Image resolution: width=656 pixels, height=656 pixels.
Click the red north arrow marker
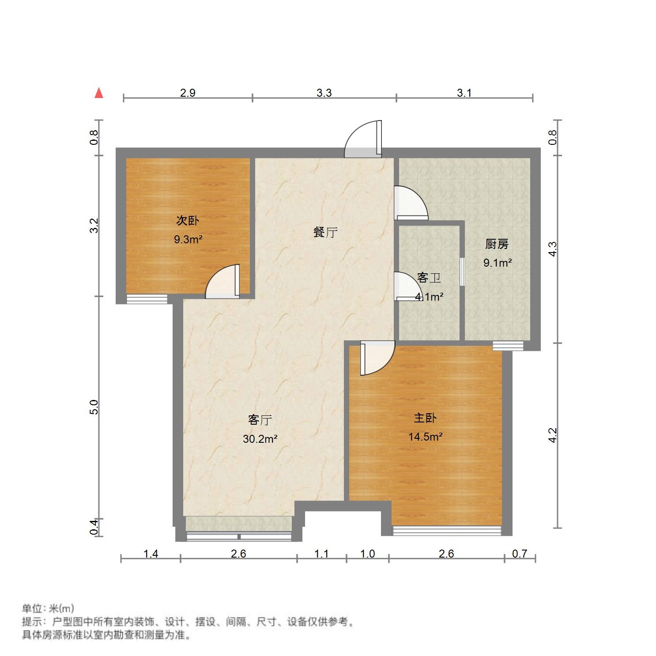(99, 93)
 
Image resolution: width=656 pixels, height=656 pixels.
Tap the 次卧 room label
(188, 220)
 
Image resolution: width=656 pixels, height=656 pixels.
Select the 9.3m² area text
(188, 240)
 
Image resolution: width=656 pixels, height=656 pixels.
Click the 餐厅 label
(325, 232)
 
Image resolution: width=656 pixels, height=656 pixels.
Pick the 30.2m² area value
(260, 439)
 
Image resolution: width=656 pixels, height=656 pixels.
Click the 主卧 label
(425, 418)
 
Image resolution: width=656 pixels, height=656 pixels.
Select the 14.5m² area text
(425, 437)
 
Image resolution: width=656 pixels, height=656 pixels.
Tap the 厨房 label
(497, 244)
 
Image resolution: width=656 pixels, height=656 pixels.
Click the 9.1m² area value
(498, 263)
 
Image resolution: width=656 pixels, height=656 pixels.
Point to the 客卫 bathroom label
(429, 278)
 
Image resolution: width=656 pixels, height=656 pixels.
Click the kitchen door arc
(411, 203)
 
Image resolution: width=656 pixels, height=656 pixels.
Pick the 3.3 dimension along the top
(324, 93)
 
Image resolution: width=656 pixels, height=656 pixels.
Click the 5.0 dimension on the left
(94, 407)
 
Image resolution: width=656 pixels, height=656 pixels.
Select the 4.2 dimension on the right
(552, 435)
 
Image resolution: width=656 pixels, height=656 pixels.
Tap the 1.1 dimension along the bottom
(321, 554)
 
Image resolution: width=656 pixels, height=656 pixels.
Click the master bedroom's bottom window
(447, 530)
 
